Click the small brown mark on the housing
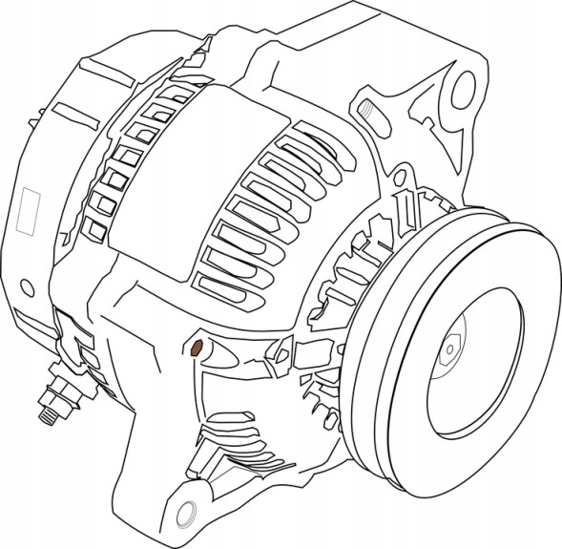coord(196,346)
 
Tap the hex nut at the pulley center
coord(450,350)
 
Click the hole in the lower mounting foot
coord(187,509)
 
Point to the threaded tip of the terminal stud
coord(43,416)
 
